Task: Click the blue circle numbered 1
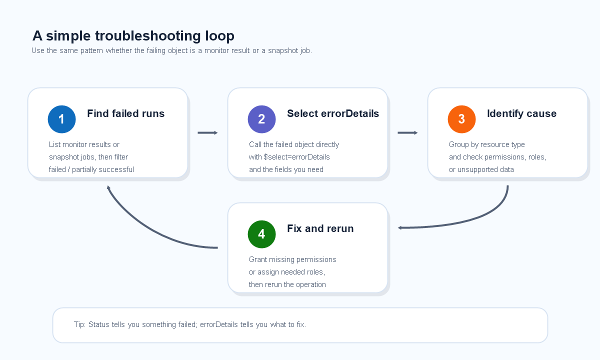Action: (x=61, y=119)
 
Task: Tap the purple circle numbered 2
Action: (x=261, y=119)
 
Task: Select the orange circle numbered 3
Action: (x=462, y=119)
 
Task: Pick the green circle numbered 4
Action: (x=261, y=234)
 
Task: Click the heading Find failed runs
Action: (x=125, y=113)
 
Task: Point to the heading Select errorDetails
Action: (x=333, y=113)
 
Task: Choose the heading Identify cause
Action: (x=522, y=113)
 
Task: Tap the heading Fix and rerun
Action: (x=320, y=228)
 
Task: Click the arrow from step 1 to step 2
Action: (x=207, y=132)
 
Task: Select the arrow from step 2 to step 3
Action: (x=407, y=132)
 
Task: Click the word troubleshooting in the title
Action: (x=147, y=36)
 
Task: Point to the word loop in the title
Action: (x=219, y=36)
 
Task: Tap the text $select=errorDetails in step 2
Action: (x=297, y=157)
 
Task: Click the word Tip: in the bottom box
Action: (x=79, y=324)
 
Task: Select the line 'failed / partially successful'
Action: (x=91, y=169)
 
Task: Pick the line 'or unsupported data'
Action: (x=481, y=169)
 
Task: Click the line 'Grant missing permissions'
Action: (x=292, y=259)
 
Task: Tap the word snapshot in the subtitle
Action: (x=284, y=50)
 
